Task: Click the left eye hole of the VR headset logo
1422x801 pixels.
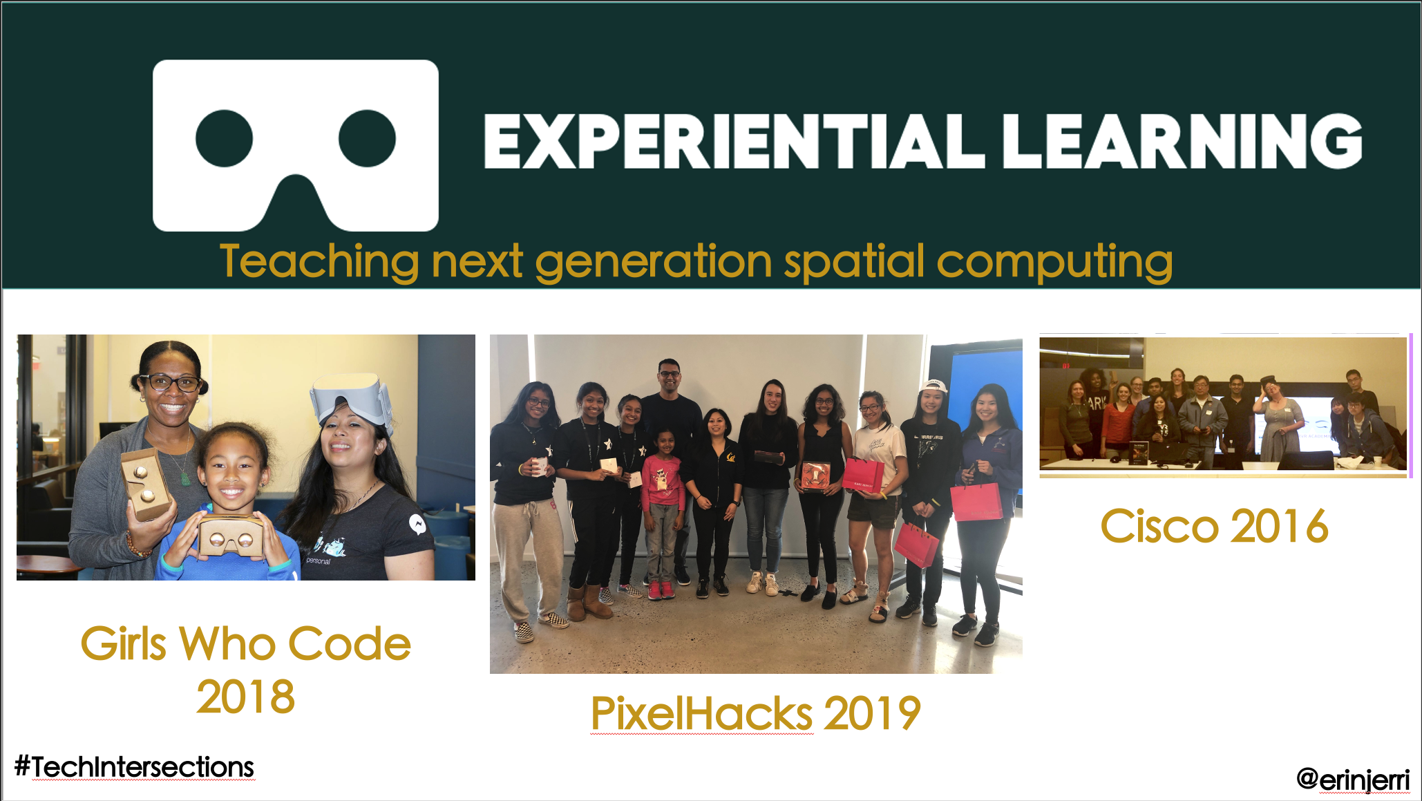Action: tap(224, 138)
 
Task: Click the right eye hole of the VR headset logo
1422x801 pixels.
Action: tap(367, 138)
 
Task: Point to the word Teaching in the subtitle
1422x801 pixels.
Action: tap(319, 262)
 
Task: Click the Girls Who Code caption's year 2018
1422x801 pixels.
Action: tap(245, 697)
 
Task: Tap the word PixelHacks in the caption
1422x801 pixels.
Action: tap(701, 713)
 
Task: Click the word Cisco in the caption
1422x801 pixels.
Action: tap(1159, 527)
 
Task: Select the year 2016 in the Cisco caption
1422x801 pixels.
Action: tap(1280, 527)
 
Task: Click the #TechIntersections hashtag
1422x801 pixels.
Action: tap(134, 767)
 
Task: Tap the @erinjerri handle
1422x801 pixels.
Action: tap(1353, 780)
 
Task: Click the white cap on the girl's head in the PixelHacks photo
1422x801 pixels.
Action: tap(933, 386)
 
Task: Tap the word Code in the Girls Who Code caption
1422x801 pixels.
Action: tap(349, 644)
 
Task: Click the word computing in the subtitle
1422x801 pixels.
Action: tap(1054, 262)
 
